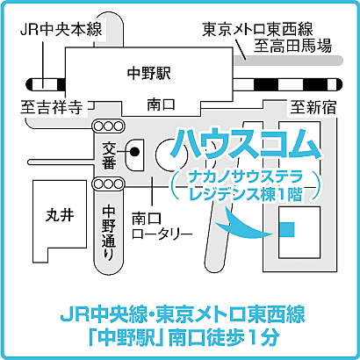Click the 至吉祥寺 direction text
(x=51, y=108)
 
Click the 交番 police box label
(x=108, y=155)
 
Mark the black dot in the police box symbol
(x=135, y=151)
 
